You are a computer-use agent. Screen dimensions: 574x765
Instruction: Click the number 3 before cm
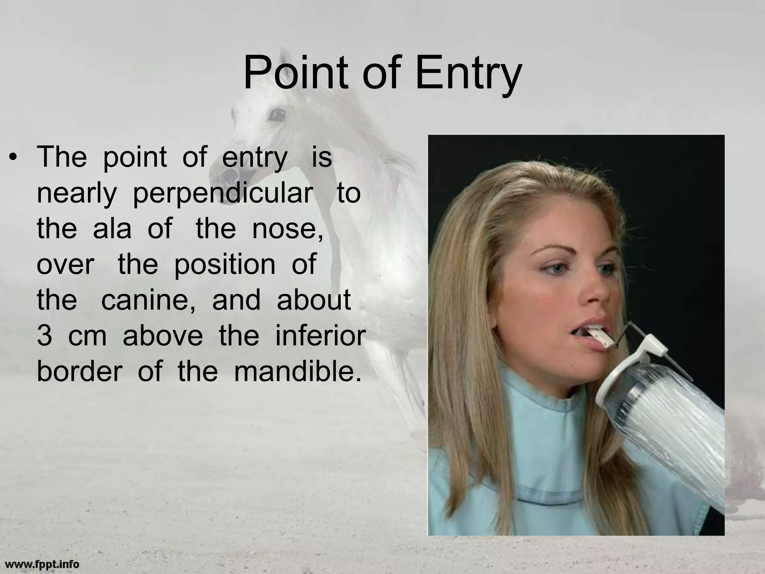[44, 336]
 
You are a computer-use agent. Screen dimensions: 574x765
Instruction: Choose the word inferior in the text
[320, 335]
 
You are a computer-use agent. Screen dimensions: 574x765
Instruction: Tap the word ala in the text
[112, 229]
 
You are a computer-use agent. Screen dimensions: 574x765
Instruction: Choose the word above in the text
[162, 336]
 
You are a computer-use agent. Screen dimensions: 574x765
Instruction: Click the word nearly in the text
[77, 194]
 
